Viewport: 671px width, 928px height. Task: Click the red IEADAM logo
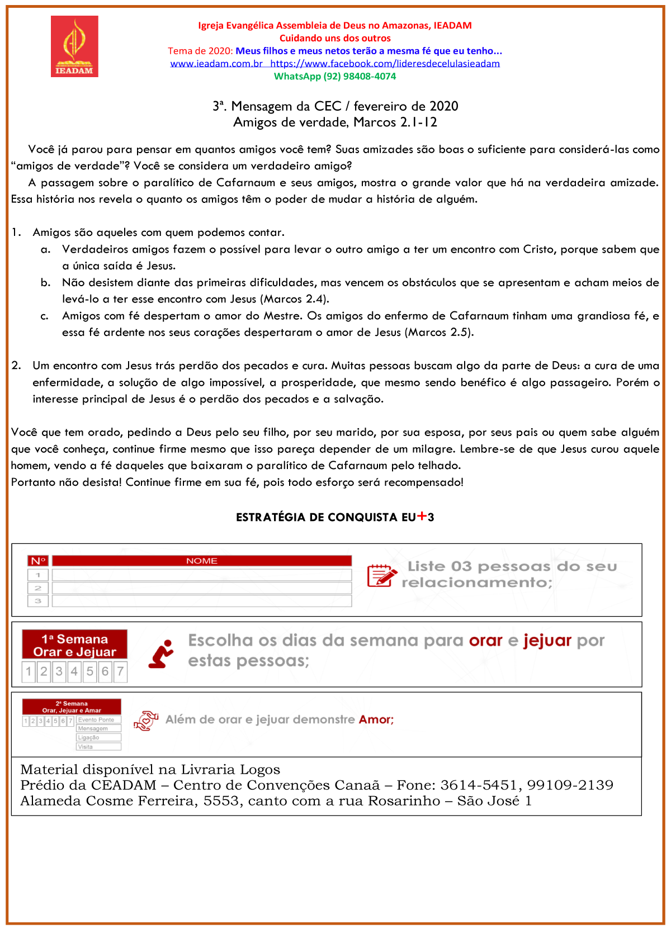[74, 46]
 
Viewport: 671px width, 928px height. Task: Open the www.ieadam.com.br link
[216, 64]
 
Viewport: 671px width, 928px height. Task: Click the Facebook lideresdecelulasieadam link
[385, 64]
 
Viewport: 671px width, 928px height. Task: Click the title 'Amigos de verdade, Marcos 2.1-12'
[335, 122]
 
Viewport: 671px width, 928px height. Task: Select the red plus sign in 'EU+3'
[422, 516]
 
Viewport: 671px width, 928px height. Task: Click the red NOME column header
[201, 561]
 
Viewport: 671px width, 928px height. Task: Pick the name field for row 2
[201, 588]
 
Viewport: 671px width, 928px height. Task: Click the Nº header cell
[38, 561]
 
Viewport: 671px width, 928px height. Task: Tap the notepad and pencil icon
[381, 575]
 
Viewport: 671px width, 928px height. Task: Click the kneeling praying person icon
[162, 654]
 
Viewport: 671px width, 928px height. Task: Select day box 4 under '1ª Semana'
[74, 671]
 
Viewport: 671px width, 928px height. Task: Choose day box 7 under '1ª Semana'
[120, 671]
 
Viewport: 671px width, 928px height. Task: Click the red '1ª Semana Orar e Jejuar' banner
[74, 645]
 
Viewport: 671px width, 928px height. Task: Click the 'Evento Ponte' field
[98, 720]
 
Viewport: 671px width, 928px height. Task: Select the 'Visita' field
[98, 747]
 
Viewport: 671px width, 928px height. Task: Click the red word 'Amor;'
[376, 720]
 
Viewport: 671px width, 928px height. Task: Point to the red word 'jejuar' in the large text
[547, 641]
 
